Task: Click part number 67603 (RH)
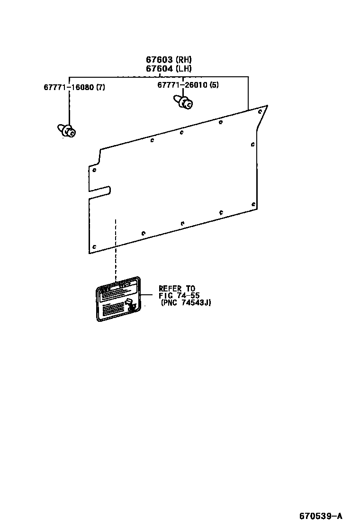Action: coord(169,60)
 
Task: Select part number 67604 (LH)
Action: coord(169,69)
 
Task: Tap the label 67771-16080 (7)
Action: coord(74,87)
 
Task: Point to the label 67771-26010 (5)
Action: coord(188,85)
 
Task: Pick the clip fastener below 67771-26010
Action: coord(183,102)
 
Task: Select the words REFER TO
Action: coord(177,288)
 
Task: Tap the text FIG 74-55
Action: coord(179,295)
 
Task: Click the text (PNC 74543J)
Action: coord(185,302)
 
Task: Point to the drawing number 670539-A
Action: coord(320,516)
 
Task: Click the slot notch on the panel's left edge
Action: coord(100,191)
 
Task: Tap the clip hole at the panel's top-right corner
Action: coord(260,112)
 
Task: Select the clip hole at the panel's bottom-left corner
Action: coord(94,247)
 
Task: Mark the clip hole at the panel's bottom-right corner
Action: coord(254,205)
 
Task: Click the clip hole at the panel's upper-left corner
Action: coord(95,170)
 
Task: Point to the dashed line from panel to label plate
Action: coord(116,251)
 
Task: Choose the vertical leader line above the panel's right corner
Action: coord(248,93)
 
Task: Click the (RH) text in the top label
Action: coord(183,60)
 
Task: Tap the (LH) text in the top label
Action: coord(183,69)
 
